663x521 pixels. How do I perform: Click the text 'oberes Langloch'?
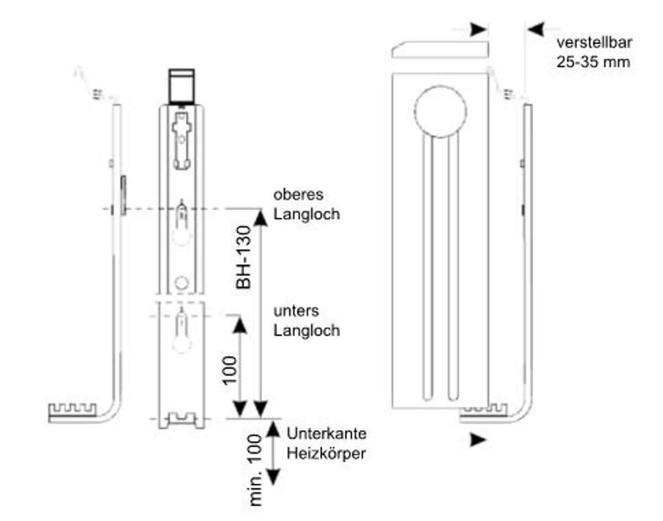[306, 204]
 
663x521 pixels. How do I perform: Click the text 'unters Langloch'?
[306, 320]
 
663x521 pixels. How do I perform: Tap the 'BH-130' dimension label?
[244, 257]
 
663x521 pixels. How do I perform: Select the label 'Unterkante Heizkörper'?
[326, 443]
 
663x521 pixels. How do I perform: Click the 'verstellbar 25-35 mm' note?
[594, 52]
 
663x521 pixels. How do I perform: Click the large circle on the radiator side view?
[440, 110]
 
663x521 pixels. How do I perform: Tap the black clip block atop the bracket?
[182, 85]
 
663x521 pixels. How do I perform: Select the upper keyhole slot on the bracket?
[182, 223]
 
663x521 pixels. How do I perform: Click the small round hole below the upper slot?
[182, 283]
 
